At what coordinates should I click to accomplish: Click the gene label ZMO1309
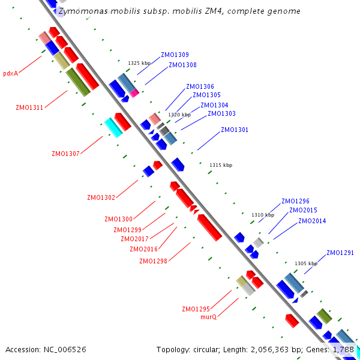pyautogui.click(x=175, y=55)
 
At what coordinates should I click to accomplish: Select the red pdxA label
pyautogui.click(x=10, y=74)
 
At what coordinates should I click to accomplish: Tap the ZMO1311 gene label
pyautogui.click(x=29, y=108)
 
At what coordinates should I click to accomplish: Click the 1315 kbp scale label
pyautogui.click(x=220, y=165)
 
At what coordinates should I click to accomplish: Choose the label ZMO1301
pyautogui.click(x=235, y=130)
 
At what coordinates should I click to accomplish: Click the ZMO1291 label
pyautogui.click(x=340, y=253)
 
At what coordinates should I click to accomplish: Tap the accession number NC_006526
pyautogui.click(x=65, y=349)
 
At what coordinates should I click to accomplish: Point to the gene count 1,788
pyautogui.click(x=344, y=349)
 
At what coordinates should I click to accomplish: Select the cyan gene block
pyautogui.click(x=113, y=127)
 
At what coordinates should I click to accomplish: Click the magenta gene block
pyautogui.click(x=134, y=93)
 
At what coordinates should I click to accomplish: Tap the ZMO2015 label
pyautogui.click(x=303, y=210)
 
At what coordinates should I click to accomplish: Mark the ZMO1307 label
pyautogui.click(x=65, y=154)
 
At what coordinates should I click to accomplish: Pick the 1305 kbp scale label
pyautogui.click(x=305, y=263)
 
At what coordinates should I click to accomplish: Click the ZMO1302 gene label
pyautogui.click(x=101, y=197)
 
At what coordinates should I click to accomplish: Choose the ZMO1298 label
pyautogui.click(x=153, y=261)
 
